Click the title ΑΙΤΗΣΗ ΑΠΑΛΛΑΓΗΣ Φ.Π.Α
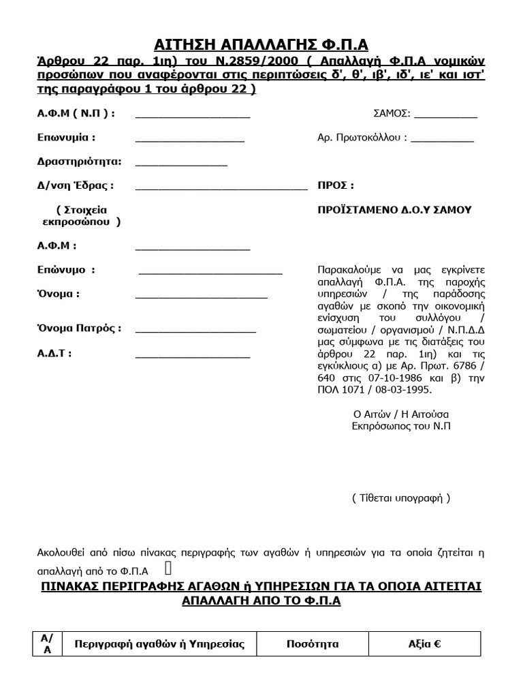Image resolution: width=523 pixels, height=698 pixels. [x=261, y=45]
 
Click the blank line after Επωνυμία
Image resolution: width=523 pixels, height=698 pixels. [x=190, y=140]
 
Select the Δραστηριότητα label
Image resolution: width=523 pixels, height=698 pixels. [x=80, y=162]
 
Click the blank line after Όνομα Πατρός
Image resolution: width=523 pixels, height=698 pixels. [x=195, y=332]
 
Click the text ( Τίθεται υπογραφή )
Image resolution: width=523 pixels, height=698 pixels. [x=401, y=498]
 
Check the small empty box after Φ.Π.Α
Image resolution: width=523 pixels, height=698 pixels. [x=168, y=568]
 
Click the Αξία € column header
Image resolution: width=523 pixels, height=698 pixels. [x=424, y=644]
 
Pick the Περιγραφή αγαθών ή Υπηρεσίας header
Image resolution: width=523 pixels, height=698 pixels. [x=159, y=644]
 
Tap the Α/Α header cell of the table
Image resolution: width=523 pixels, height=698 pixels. [x=47, y=644]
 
